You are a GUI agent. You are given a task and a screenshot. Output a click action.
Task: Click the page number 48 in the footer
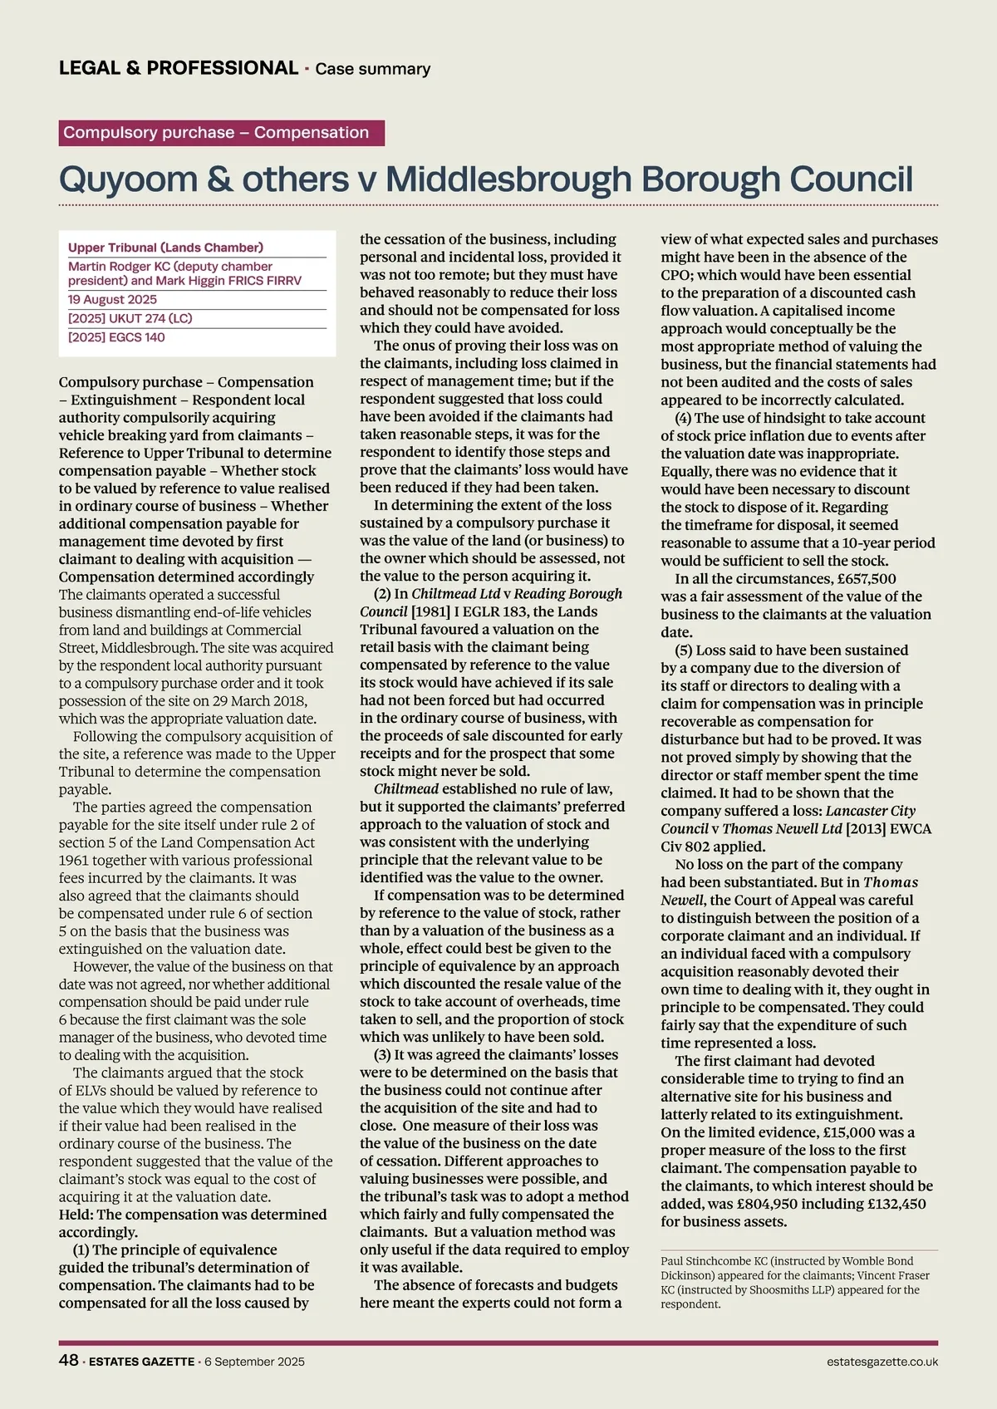(68, 1360)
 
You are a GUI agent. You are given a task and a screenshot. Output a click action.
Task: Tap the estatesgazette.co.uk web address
(882, 1362)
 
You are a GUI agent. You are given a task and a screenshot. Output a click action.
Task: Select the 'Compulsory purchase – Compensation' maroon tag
(221, 133)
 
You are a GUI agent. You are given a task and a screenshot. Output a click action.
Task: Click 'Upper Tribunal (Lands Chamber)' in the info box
(165, 248)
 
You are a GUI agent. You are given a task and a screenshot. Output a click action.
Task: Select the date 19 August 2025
(112, 299)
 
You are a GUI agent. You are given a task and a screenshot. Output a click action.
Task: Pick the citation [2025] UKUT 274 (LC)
(130, 318)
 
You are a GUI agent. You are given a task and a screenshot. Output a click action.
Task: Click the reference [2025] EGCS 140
(116, 337)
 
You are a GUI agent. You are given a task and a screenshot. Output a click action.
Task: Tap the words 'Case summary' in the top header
(372, 69)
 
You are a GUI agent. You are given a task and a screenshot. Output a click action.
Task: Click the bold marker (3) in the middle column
(384, 1055)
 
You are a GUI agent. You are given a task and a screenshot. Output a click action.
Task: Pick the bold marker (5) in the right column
(685, 650)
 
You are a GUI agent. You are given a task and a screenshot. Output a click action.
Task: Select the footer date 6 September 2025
(254, 1362)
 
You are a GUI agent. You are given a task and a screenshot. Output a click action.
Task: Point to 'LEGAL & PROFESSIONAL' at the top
(179, 68)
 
